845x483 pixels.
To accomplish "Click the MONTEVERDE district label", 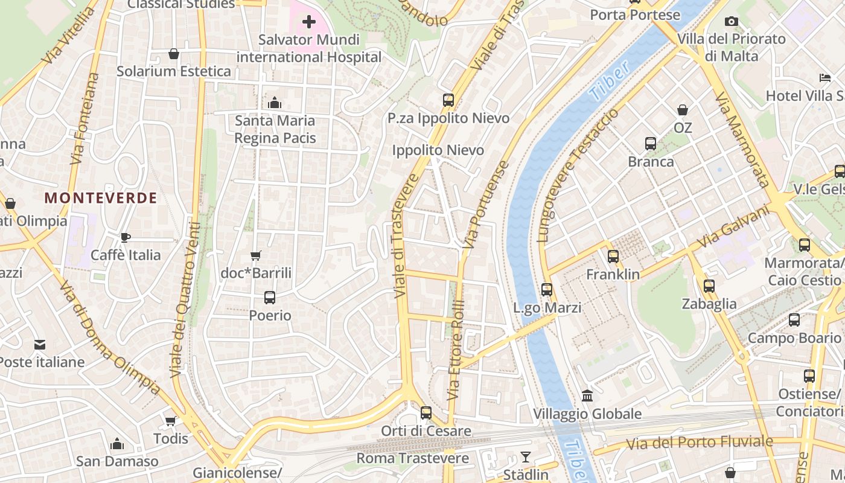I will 101,198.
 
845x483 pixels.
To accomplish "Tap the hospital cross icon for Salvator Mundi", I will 309,22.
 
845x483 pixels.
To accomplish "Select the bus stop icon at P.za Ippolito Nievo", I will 448,100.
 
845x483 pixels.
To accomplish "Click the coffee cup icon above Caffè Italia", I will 125,237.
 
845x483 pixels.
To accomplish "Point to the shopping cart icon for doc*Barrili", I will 255,255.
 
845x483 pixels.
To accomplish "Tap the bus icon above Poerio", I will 270,298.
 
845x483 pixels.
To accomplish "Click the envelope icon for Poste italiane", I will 40,345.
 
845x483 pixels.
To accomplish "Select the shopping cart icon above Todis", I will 170,421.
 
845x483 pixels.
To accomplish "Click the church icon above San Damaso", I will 117,444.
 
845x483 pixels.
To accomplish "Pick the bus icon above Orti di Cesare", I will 426,413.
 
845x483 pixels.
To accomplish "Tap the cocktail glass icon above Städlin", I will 526,457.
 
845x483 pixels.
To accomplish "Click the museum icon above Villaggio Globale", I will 587,396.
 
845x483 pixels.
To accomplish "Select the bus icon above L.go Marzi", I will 547,290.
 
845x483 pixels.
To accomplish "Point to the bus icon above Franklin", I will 613,257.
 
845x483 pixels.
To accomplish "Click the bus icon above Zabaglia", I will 709,286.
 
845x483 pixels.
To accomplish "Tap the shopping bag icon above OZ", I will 683,110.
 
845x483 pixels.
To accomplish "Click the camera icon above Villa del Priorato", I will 732,22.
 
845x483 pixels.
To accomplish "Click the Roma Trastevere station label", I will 412,458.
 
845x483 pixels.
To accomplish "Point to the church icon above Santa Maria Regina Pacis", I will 275,103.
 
